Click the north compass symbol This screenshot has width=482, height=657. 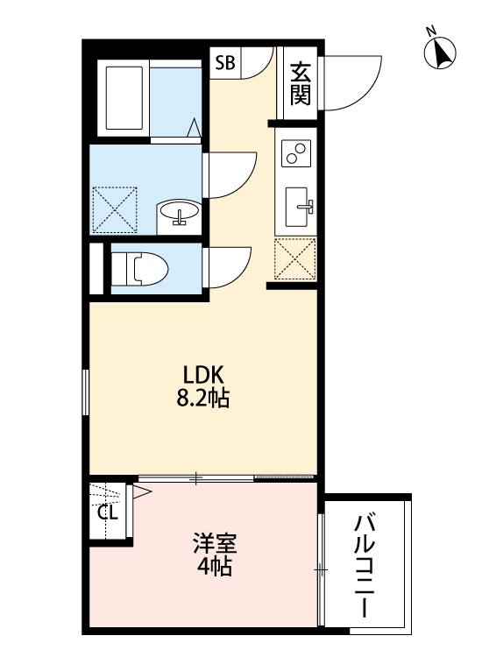coord(441,53)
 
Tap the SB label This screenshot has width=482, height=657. coord(225,62)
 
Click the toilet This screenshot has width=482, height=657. coord(138,269)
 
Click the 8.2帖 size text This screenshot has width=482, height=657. coord(203,399)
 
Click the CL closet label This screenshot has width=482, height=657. coord(108,512)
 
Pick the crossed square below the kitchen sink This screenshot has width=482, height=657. coord(294,258)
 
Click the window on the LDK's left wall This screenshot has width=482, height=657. coord(86,392)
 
